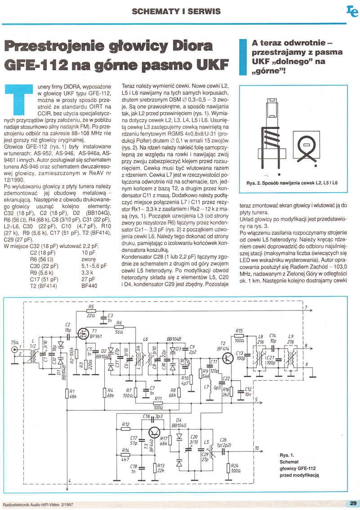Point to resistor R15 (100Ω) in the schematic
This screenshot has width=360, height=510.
pyautogui.click(x=239, y=335)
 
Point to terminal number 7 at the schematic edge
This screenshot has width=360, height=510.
pyautogui.click(x=305, y=308)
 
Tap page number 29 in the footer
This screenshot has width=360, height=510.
pyautogui.click(x=352, y=503)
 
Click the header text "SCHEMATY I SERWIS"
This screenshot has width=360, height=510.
pyautogui.click(x=176, y=10)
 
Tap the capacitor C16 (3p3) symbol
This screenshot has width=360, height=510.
pyautogui.click(x=156, y=417)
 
